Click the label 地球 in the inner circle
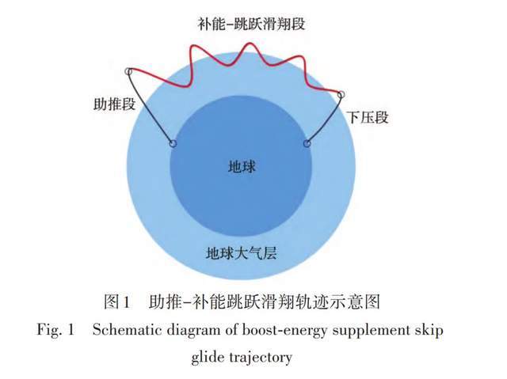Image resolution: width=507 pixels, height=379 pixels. [x=242, y=167]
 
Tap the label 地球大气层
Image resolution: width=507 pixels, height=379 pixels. [x=241, y=252]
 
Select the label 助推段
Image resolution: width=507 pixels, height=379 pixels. [x=114, y=104]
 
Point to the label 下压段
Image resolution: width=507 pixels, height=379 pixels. [x=368, y=117]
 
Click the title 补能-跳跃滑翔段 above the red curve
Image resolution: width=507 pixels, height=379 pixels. [x=252, y=24]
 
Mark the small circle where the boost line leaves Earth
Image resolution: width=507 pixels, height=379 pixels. [x=173, y=143]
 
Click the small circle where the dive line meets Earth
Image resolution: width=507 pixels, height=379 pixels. [x=307, y=143]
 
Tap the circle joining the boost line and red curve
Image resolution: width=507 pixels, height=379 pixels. [x=128, y=71]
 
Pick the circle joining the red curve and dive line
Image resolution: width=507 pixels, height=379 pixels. [x=341, y=94]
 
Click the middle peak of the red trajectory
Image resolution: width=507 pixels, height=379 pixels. [x=250, y=44]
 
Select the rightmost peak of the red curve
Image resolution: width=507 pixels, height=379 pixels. [x=301, y=57]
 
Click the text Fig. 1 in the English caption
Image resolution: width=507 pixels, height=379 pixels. [x=55, y=330]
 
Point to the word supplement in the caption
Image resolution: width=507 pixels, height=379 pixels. [x=370, y=331]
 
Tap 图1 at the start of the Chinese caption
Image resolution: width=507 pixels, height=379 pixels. [x=116, y=301]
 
